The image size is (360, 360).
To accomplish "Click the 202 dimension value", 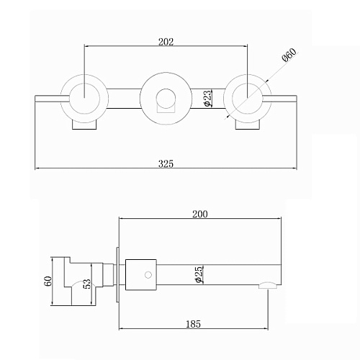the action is pyautogui.click(x=166, y=42).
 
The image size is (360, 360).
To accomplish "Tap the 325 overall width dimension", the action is pyautogui.click(x=166, y=163).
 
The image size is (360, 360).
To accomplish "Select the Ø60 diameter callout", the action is pyautogui.click(x=289, y=55).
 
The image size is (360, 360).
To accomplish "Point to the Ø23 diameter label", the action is pyautogui.click(x=208, y=98).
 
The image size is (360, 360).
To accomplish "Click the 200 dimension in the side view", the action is pyautogui.click(x=200, y=214).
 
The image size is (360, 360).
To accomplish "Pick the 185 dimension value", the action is pyautogui.click(x=193, y=324).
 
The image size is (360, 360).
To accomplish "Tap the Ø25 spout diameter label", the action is pyautogui.click(x=199, y=274).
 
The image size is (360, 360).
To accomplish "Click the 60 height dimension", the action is pyautogui.click(x=48, y=281).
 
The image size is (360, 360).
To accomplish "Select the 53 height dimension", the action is pyautogui.click(x=88, y=284).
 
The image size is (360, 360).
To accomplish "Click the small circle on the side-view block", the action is pyautogui.click(x=148, y=275).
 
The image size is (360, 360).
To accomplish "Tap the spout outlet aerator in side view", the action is pyautogui.click(x=268, y=285).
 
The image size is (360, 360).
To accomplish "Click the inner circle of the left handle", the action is pyautogui.click(x=84, y=98).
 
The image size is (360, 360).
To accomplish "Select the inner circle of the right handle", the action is pyautogui.click(x=247, y=98).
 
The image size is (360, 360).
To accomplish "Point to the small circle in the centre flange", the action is pyautogui.click(x=166, y=98).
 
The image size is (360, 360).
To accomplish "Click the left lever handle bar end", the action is pyautogui.click(x=35, y=99).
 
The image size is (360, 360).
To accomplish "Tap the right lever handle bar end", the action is pyautogui.click(x=296, y=99).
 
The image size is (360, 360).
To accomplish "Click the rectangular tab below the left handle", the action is pyautogui.click(x=84, y=125).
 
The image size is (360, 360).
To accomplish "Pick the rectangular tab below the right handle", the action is pyautogui.click(x=247, y=125).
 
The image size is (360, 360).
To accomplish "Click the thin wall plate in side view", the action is pyautogui.click(x=117, y=275).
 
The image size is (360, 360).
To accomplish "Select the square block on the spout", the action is pyautogui.click(x=141, y=275).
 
